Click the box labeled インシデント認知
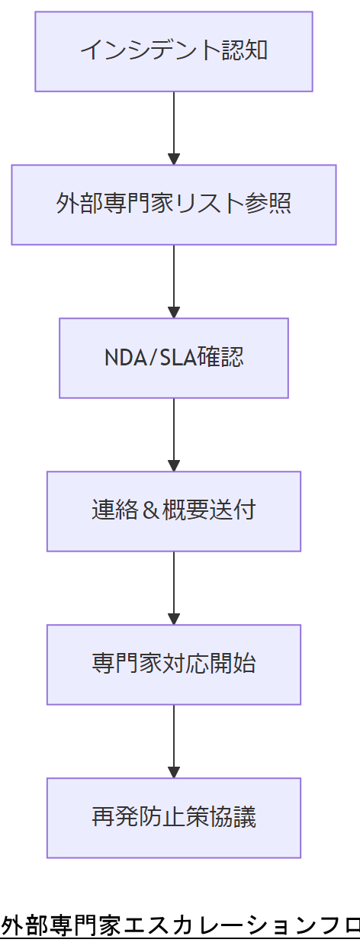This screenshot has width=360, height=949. point(174,52)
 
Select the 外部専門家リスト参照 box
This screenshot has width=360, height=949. point(174,204)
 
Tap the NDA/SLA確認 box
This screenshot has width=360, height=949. point(174,358)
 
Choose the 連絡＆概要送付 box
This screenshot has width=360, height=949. point(174,511)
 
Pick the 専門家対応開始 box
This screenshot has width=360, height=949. point(174,664)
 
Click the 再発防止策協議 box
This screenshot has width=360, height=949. point(174,818)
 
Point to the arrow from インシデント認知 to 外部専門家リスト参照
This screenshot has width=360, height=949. point(174,128)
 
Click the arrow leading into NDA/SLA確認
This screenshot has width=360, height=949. point(174,281)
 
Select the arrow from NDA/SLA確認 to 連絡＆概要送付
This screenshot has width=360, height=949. point(174,435)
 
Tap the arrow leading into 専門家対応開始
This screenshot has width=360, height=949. point(174,588)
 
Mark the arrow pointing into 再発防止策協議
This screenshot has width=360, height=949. point(174,742)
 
